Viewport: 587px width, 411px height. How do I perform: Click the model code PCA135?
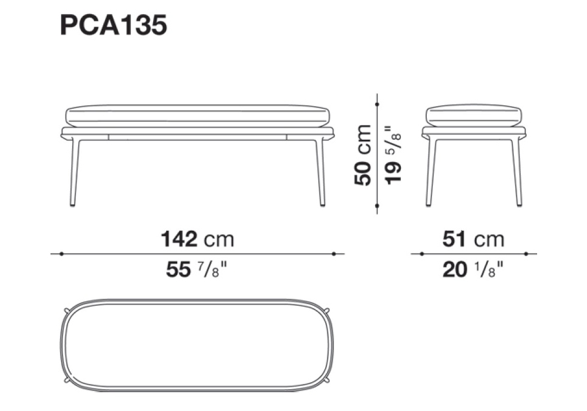(113, 26)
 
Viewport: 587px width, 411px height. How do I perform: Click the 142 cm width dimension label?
(197, 239)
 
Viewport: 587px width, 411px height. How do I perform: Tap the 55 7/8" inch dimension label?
(197, 269)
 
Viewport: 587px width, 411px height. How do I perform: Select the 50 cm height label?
(363, 155)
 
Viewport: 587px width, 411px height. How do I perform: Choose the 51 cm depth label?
(474, 239)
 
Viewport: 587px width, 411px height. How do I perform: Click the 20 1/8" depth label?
(473, 269)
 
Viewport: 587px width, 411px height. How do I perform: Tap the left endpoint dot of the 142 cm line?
(62, 254)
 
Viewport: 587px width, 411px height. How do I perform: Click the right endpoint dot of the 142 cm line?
(333, 254)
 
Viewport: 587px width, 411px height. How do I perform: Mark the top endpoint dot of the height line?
(377, 104)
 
